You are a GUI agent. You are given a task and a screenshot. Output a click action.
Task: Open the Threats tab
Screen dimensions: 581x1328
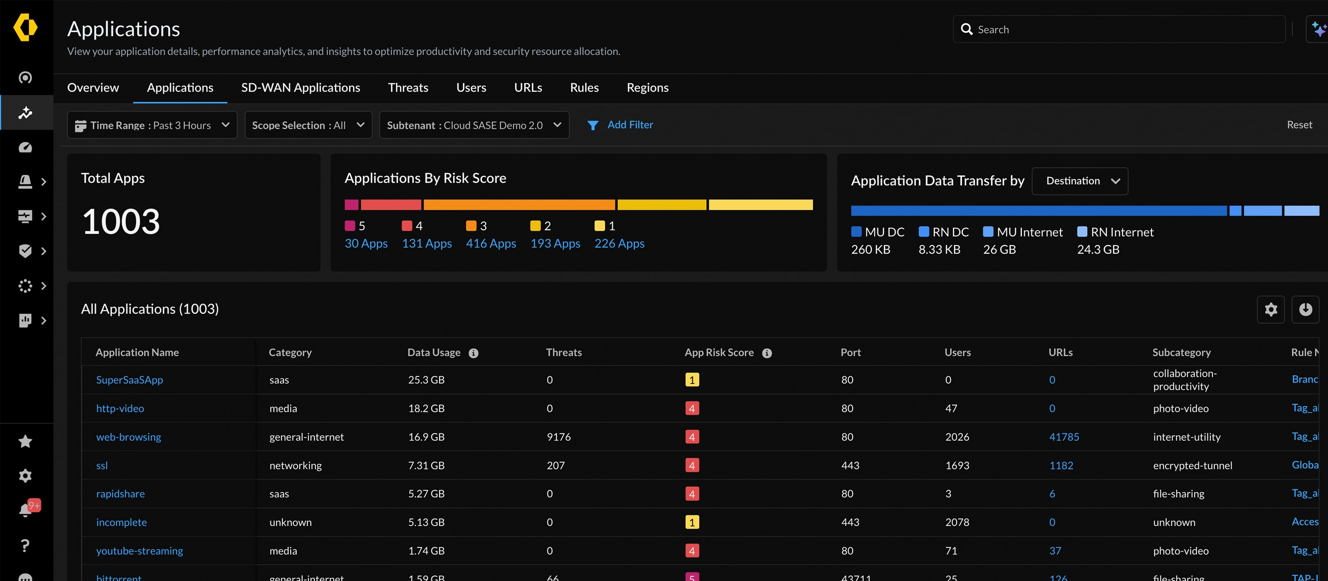click(408, 88)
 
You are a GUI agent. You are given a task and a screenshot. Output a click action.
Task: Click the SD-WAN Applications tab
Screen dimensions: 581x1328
click(301, 88)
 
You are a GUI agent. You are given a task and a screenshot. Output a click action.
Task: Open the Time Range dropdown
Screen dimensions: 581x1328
click(152, 125)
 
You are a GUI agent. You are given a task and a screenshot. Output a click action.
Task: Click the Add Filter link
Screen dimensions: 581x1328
click(630, 125)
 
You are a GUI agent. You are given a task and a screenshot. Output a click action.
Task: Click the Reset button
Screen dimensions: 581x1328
click(1299, 125)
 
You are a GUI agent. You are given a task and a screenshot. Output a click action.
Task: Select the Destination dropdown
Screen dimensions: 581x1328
click(1080, 181)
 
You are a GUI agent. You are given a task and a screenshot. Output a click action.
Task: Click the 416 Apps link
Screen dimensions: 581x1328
click(490, 244)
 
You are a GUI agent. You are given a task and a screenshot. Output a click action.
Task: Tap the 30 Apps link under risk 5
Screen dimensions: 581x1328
click(365, 244)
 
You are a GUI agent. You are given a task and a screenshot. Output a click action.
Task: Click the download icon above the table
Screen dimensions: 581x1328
click(1305, 309)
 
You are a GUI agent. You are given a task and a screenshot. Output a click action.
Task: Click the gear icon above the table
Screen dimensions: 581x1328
click(1270, 309)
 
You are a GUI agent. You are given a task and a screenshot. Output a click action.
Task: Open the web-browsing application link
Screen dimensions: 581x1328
click(128, 437)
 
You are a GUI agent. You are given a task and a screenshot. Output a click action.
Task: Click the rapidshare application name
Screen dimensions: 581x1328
click(120, 494)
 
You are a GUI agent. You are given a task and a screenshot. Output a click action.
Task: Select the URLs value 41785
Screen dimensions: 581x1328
click(1064, 437)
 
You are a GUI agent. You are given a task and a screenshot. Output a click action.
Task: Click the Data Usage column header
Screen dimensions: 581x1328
click(433, 353)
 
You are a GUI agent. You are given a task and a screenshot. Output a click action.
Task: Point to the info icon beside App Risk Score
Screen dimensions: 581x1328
click(766, 353)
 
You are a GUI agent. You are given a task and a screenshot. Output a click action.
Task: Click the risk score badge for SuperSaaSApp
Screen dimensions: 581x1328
click(691, 380)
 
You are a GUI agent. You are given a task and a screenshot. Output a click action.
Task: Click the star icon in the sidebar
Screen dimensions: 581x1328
click(25, 441)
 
